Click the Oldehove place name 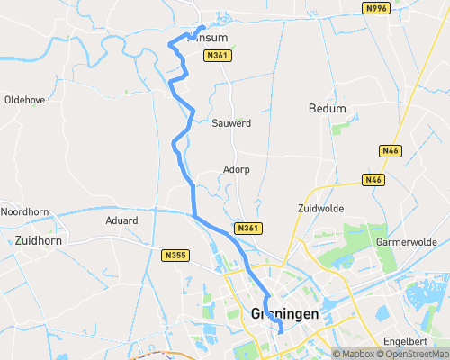click(24, 99)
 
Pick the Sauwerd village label click(231, 122)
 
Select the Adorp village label click(236, 169)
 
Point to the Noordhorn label click(22, 211)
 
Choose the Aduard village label click(121, 220)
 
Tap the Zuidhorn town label click(37, 240)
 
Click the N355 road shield click(175, 256)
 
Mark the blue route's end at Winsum click(203, 26)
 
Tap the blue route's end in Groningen click(282, 331)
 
